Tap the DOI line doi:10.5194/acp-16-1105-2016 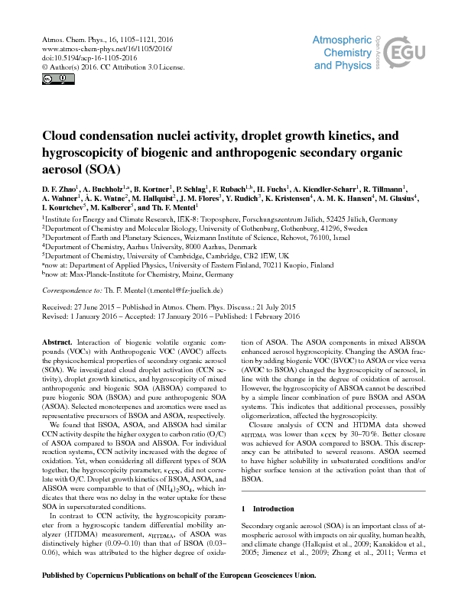(x=79, y=57)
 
